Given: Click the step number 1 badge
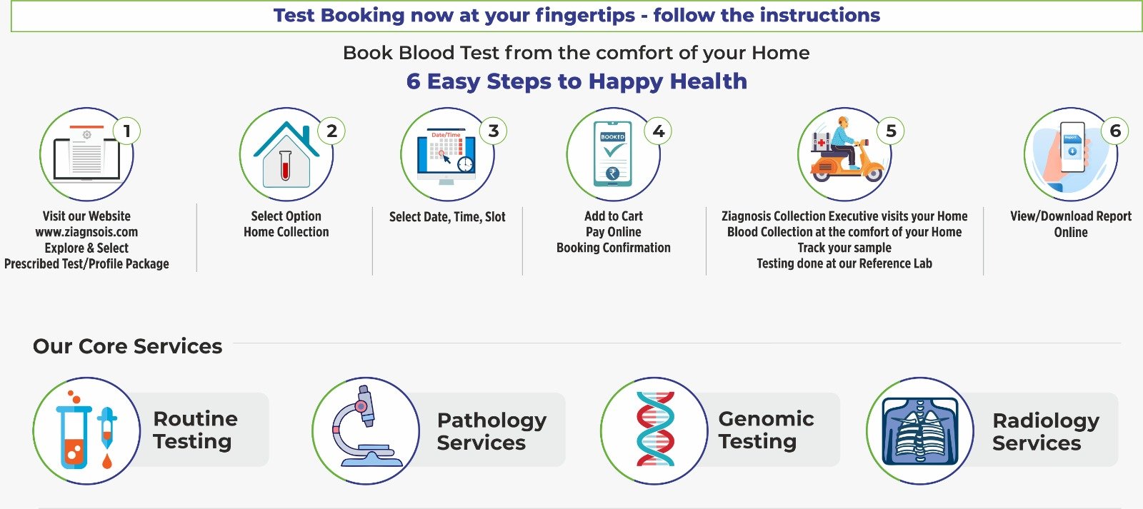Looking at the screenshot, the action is tap(126, 131).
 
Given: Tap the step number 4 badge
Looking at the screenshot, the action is tap(658, 131).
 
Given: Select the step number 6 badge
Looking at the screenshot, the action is tap(1115, 131).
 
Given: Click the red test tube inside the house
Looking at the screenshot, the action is tap(286, 165).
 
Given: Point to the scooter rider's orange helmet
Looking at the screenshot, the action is tap(843, 122).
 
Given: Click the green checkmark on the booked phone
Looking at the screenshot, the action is tap(613, 150).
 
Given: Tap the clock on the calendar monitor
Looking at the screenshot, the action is tap(465, 164).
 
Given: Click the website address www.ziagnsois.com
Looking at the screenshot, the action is tap(86, 232).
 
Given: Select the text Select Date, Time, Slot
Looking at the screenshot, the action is tap(447, 217).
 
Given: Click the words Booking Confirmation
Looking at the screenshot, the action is tap(614, 248).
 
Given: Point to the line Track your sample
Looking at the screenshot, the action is tap(844, 248).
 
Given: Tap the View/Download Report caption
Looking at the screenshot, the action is tap(1071, 216).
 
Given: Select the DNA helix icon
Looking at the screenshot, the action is tap(655, 429).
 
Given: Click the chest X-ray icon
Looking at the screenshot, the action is tap(920, 431).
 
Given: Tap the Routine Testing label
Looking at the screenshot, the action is tap(196, 430).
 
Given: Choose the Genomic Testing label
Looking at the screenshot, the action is tap(766, 430).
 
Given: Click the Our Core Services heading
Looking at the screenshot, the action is tap(128, 346).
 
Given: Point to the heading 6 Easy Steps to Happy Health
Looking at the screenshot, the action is tap(577, 81).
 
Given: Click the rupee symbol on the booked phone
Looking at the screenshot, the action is tap(612, 174).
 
